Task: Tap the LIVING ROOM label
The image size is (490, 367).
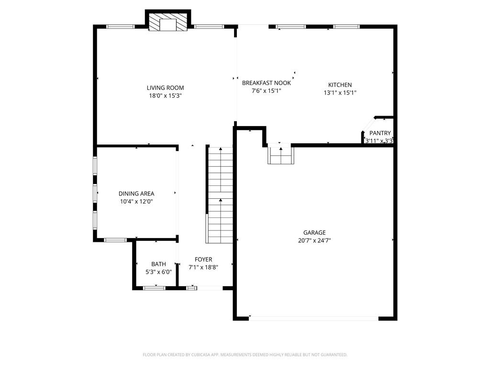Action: (x=165, y=88)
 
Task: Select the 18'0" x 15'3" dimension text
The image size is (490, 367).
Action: (x=165, y=96)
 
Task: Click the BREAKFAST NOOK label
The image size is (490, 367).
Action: (x=266, y=83)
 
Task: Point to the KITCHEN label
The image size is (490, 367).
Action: (x=340, y=85)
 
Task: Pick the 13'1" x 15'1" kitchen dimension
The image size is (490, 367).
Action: (x=340, y=93)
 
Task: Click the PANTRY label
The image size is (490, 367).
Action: (x=380, y=133)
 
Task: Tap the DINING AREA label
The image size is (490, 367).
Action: (x=136, y=194)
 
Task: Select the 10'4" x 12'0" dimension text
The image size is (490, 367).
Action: (x=136, y=202)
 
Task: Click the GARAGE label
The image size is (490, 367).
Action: (x=314, y=233)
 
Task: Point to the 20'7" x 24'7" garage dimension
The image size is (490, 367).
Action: (x=314, y=241)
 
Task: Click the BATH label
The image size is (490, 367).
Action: (x=158, y=264)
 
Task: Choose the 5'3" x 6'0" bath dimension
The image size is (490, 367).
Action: (x=158, y=272)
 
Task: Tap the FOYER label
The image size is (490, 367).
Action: (x=203, y=259)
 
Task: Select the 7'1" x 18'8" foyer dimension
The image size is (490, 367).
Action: (x=203, y=268)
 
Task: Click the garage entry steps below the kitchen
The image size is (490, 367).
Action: (x=280, y=154)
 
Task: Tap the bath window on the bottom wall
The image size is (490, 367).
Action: (x=154, y=288)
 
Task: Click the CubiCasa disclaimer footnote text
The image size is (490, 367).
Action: (x=245, y=355)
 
